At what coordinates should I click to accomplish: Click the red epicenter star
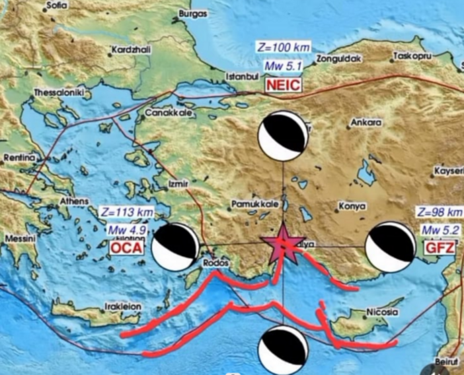point(283,242)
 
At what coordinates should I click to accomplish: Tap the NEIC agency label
point(284,85)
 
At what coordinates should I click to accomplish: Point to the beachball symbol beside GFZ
point(390,248)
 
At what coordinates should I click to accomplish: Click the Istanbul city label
point(241,77)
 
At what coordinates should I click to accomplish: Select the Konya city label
point(352,206)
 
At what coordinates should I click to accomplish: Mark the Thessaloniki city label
point(58,93)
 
